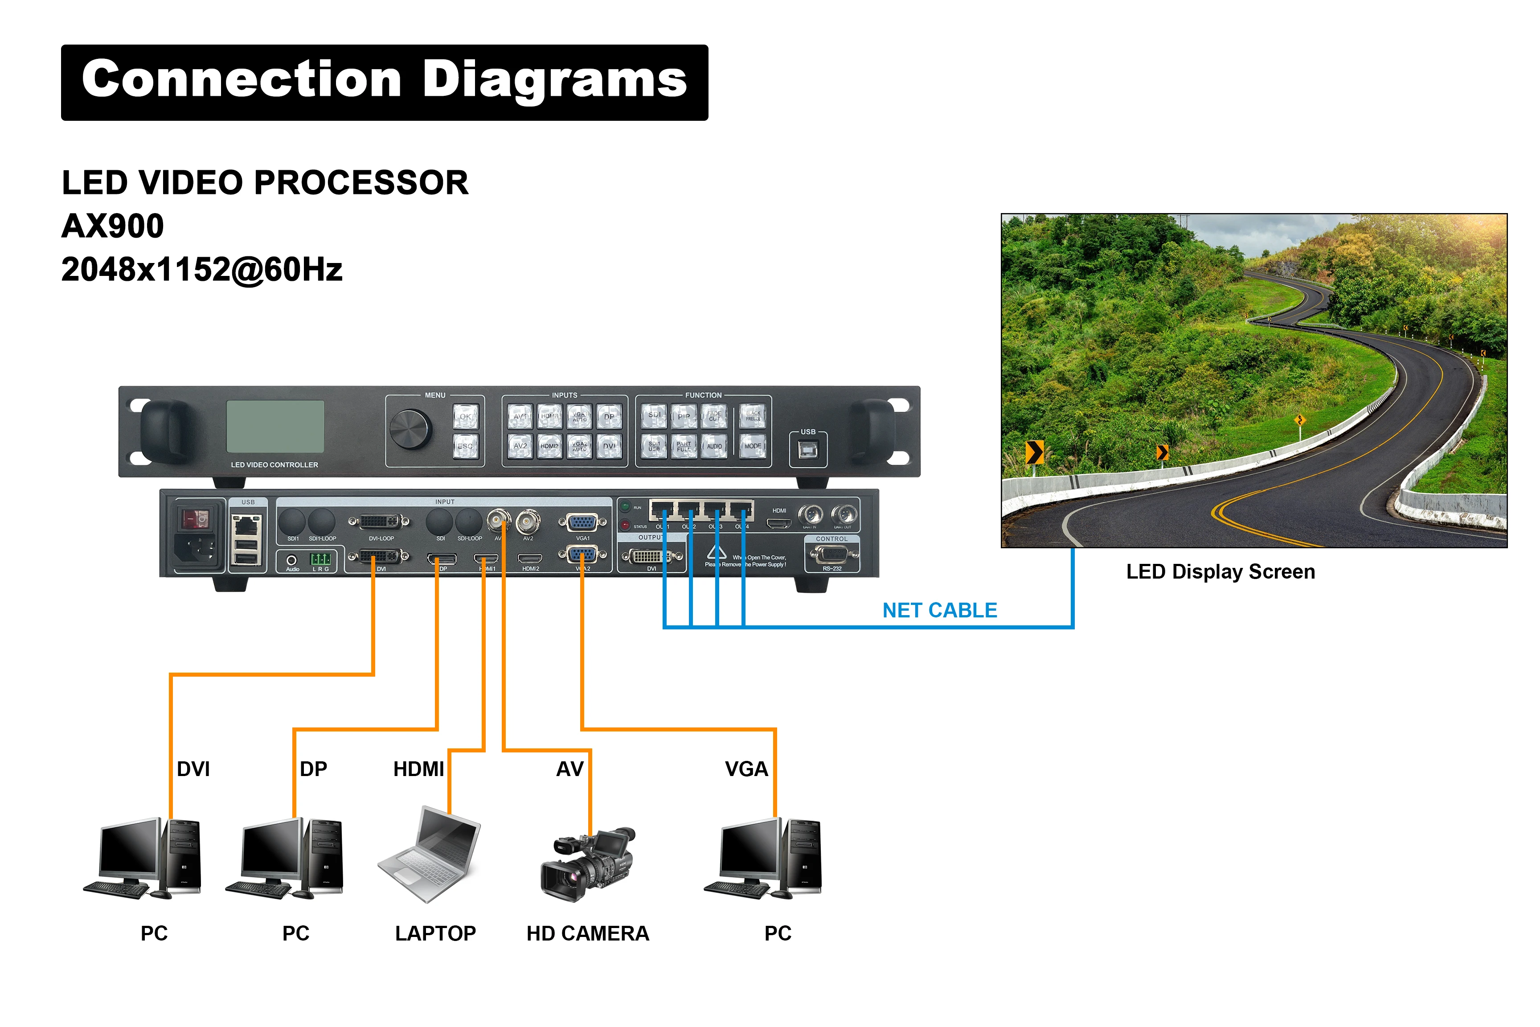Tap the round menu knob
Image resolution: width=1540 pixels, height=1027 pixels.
[x=410, y=429]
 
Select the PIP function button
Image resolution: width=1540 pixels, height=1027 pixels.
[x=684, y=416]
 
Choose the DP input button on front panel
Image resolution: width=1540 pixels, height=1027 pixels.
[x=609, y=416]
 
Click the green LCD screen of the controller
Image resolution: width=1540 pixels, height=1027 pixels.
[x=275, y=427]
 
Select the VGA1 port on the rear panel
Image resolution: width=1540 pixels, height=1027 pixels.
[x=582, y=523]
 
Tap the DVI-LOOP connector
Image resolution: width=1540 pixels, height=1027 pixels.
[x=381, y=522]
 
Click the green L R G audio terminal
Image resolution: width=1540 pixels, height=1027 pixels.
[x=320, y=559]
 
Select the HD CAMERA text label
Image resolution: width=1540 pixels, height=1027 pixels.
[x=587, y=933]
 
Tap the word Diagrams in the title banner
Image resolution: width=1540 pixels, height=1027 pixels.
[x=555, y=80]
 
